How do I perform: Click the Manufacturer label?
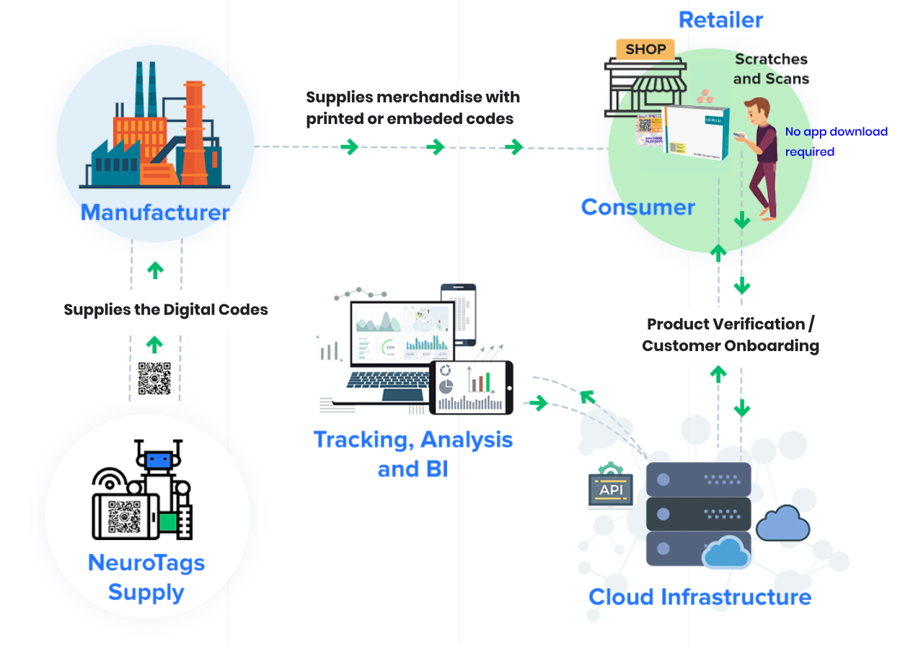pyautogui.click(x=154, y=213)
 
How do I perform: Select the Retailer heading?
pyautogui.click(x=720, y=19)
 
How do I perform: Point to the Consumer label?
pyautogui.click(x=638, y=208)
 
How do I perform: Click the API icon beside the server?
pyautogui.click(x=612, y=492)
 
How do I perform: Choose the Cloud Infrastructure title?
pyautogui.click(x=700, y=597)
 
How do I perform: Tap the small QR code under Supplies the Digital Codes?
pyautogui.click(x=154, y=378)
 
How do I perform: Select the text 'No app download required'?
pyautogui.click(x=836, y=141)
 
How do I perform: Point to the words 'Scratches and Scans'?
pyautogui.click(x=771, y=68)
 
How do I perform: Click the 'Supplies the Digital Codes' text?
pyautogui.click(x=166, y=310)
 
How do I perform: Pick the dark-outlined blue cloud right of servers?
pyautogui.click(x=783, y=523)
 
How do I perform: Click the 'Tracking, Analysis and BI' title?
pyautogui.click(x=413, y=454)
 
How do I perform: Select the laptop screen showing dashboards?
pyautogui.click(x=402, y=331)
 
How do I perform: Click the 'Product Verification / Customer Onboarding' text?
pyautogui.click(x=731, y=335)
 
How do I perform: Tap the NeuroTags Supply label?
pyautogui.click(x=146, y=578)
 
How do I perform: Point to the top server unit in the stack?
pyautogui.click(x=698, y=479)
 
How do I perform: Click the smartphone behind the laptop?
pyautogui.click(x=459, y=314)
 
